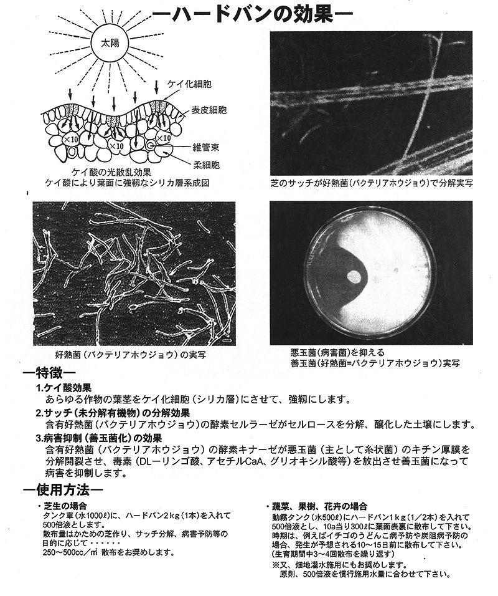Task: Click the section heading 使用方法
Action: [x=56, y=488]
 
